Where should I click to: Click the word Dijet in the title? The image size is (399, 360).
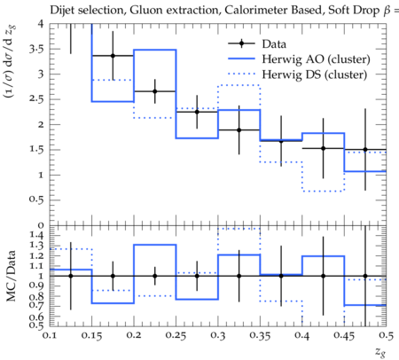coord(59,11)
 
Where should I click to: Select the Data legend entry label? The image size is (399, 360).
coord(274,44)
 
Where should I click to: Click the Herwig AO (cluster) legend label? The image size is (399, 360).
coord(316,59)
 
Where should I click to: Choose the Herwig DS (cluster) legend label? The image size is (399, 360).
coord(315,74)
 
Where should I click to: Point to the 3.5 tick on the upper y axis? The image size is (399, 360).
coord(36,49)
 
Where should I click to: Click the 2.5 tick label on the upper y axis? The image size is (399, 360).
coord(36,99)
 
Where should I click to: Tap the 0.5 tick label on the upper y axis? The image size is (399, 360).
coord(36,200)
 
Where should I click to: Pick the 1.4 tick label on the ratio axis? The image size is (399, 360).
coord(36,236)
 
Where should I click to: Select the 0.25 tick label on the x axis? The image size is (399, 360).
coord(176,336)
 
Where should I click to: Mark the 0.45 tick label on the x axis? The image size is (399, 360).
coord(344,336)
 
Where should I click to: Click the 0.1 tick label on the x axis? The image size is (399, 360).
coord(50,336)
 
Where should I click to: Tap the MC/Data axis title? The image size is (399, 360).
coord(12,276)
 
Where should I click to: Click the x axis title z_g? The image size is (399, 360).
coord(380,352)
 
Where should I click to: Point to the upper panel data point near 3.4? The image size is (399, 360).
coord(113,56)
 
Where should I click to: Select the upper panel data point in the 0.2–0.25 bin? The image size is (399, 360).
coord(154,91)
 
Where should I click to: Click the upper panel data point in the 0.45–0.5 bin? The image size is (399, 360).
coord(365,150)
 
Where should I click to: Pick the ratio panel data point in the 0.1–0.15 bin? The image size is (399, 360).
coord(71,276)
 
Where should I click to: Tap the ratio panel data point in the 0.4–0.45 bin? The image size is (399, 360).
coord(323,276)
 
